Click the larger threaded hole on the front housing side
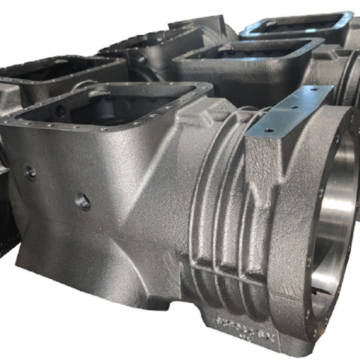tap(82, 201)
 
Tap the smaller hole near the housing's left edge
tap(30, 172)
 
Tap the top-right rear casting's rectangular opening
tap(296, 26)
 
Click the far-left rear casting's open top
tap(45, 71)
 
